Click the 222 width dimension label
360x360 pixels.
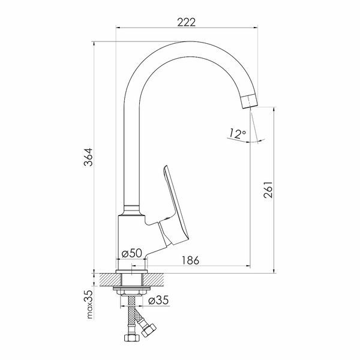pyautogui.click(x=187, y=22)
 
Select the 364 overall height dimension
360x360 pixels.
pyautogui.click(x=88, y=157)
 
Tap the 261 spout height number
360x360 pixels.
pyautogui.click(x=268, y=190)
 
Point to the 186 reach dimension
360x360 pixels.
pyautogui.click(x=191, y=260)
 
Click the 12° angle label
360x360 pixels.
pyautogui.click(x=238, y=134)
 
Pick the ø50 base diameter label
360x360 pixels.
pyautogui.click(x=132, y=253)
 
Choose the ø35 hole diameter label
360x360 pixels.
pyautogui.click(x=158, y=300)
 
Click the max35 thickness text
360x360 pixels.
pyautogui.click(x=89, y=304)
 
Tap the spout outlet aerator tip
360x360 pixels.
pyautogui.click(x=249, y=101)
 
